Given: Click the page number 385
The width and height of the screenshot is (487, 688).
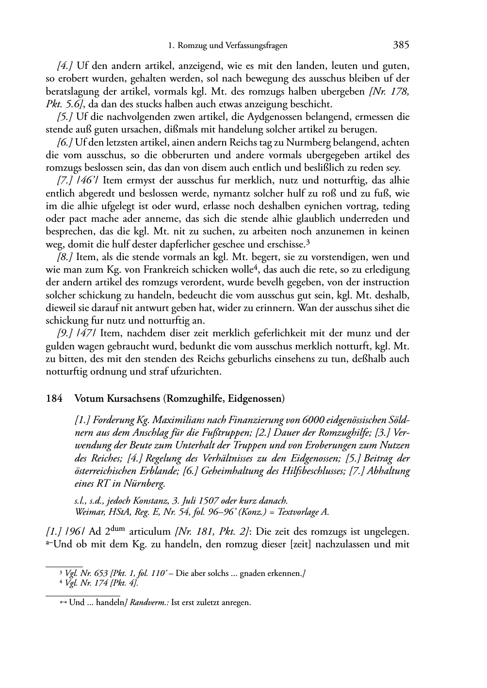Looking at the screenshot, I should (401, 46).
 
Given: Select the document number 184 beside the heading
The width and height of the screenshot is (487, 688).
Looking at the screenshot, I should (54, 399).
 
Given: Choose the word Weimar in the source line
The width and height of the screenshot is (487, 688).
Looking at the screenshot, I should (88, 511).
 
